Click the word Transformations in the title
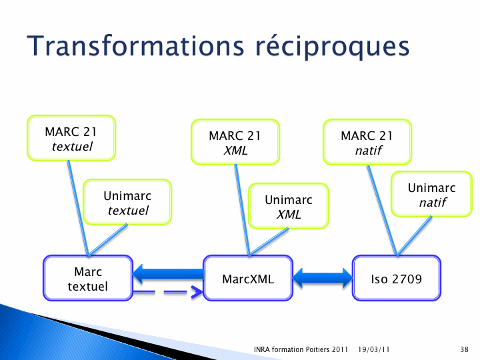click(x=135, y=46)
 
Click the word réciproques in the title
click(x=333, y=47)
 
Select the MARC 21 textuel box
click(x=71, y=138)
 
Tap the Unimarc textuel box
click(x=127, y=202)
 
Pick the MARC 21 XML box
click(x=235, y=142)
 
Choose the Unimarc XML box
click(x=289, y=206)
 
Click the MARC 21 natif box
click(x=367, y=142)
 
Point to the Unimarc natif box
click(x=431, y=194)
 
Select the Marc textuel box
click(x=88, y=278)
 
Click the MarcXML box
click(x=248, y=278)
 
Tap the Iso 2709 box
click(x=397, y=278)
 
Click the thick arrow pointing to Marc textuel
click(x=169, y=274)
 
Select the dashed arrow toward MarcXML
click(x=168, y=292)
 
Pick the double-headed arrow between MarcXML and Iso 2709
click(x=323, y=278)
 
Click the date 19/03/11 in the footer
click(x=374, y=349)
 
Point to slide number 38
click(x=464, y=349)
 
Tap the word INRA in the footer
click(x=262, y=349)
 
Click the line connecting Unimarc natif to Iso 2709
click(x=414, y=236)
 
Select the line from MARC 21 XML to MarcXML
click(x=243, y=210)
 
